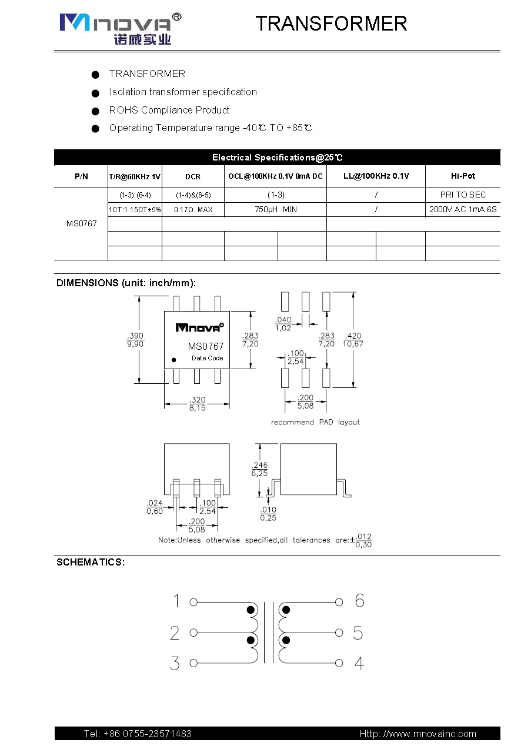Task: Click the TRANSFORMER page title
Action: (331, 24)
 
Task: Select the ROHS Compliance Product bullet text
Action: (169, 110)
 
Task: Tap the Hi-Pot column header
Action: (463, 176)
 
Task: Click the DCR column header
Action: (193, 176)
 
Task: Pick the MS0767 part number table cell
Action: (81, 223)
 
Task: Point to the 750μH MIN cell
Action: (275, 209)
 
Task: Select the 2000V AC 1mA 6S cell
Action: (463, 209)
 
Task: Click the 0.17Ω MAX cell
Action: (193, 209)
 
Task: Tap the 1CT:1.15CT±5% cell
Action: (135, 209)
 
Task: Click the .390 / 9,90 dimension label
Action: (135, 340)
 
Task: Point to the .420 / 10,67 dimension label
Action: (353, 340)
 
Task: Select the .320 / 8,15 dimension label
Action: (197, 404)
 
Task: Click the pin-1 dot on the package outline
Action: (173, 359)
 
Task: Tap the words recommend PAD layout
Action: (315, 422)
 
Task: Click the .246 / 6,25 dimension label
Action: (259, 468)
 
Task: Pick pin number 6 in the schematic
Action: (359, 600)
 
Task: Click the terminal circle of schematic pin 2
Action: (193, 633)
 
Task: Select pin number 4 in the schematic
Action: (359, 664)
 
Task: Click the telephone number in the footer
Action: (138, 734)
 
